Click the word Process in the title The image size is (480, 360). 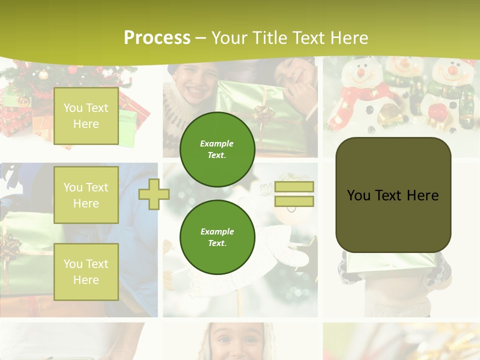157,38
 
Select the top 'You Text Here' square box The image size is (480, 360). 86,116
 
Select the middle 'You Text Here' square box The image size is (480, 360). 86,195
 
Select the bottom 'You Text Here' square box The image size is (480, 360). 86,272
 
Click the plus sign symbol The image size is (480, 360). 154,194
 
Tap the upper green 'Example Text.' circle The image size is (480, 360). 217,149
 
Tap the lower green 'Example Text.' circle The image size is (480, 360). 217,237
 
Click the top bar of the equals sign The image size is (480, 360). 294,187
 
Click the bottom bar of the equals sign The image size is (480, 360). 294,201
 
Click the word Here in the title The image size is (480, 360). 349,38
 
